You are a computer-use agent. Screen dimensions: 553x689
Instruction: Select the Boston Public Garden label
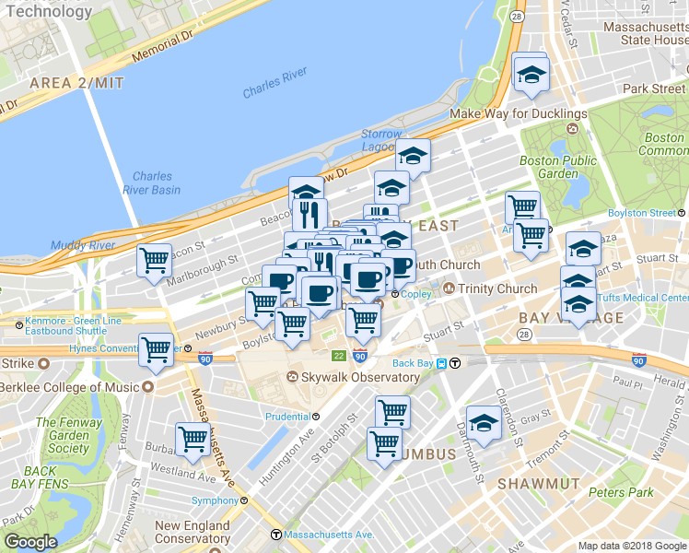coord(551,166)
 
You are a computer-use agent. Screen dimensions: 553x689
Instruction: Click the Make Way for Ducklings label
coord(518,113)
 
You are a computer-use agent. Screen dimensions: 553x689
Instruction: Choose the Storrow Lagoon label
coord(381,140)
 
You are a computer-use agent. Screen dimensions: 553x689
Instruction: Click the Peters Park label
coord(620,492)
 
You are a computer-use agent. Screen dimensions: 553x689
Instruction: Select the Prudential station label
coord(286,417)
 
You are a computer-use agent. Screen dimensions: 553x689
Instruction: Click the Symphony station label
coord(215,500)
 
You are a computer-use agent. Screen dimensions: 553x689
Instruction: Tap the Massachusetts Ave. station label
coord(328,535)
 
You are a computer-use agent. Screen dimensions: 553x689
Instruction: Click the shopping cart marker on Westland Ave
coord(193,440)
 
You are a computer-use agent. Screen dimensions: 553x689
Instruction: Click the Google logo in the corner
coord(30,543)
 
